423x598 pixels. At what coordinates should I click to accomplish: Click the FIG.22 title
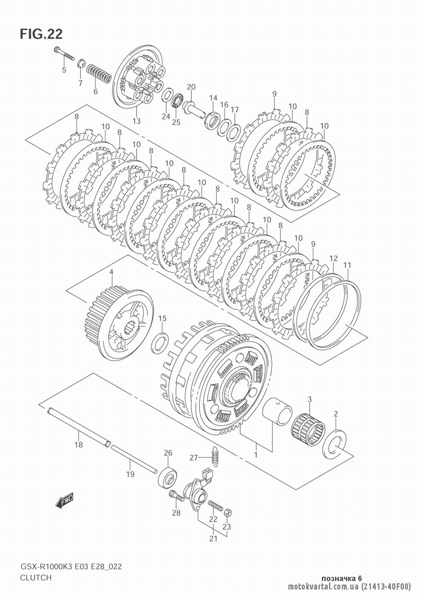(41, 34)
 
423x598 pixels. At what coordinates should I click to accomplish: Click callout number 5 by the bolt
(64, 70)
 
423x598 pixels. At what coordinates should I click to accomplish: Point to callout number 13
(136, 121)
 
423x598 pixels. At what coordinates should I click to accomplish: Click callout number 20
(191, 87)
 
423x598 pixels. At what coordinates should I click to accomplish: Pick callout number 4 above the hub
(111, 272)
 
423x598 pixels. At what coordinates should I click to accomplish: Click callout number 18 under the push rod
(79, 445)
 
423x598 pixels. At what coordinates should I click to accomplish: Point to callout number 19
(130, 475)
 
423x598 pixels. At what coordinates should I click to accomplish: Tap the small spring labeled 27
(213, 456)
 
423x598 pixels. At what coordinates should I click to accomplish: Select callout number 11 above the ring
(347, 265)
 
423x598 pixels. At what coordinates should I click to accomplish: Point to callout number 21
(213, 539)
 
